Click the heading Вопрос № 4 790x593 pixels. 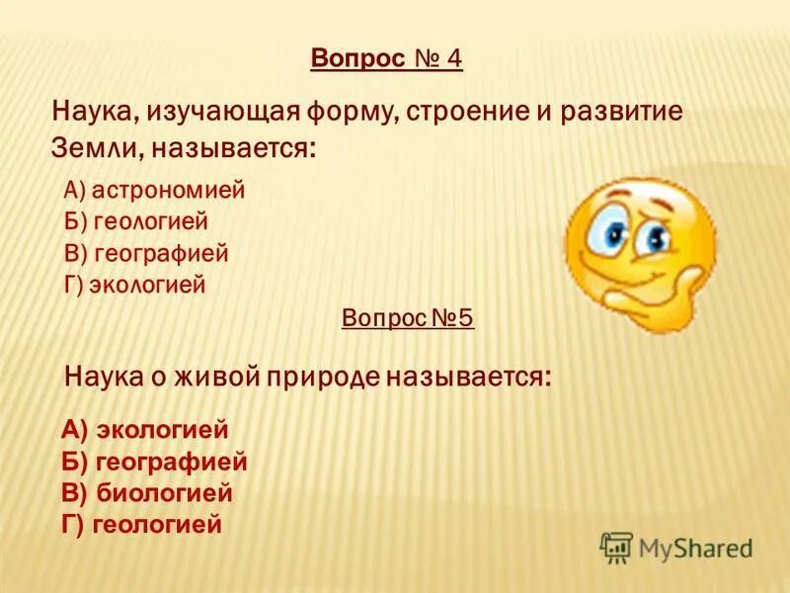coord(386,59)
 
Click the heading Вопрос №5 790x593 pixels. coord(408,318)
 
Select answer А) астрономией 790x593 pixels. coord(153,190)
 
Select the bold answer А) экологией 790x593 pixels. coord(145,430)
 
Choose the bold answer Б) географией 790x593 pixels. coord(154,462)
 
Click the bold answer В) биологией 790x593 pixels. coord(147,492)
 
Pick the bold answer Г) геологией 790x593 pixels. coord(141,524)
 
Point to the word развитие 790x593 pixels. coord(622,111)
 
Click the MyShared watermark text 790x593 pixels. coord(695,547)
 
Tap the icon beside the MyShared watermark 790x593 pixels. coord(616,547)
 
